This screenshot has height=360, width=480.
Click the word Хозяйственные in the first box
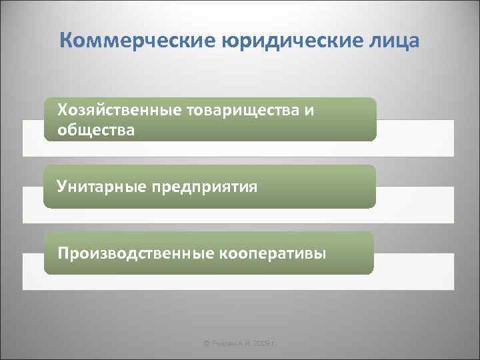pos(115,109)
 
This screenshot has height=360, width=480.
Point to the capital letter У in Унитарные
pos(61,186)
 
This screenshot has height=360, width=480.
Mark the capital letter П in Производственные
pos(63,253)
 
